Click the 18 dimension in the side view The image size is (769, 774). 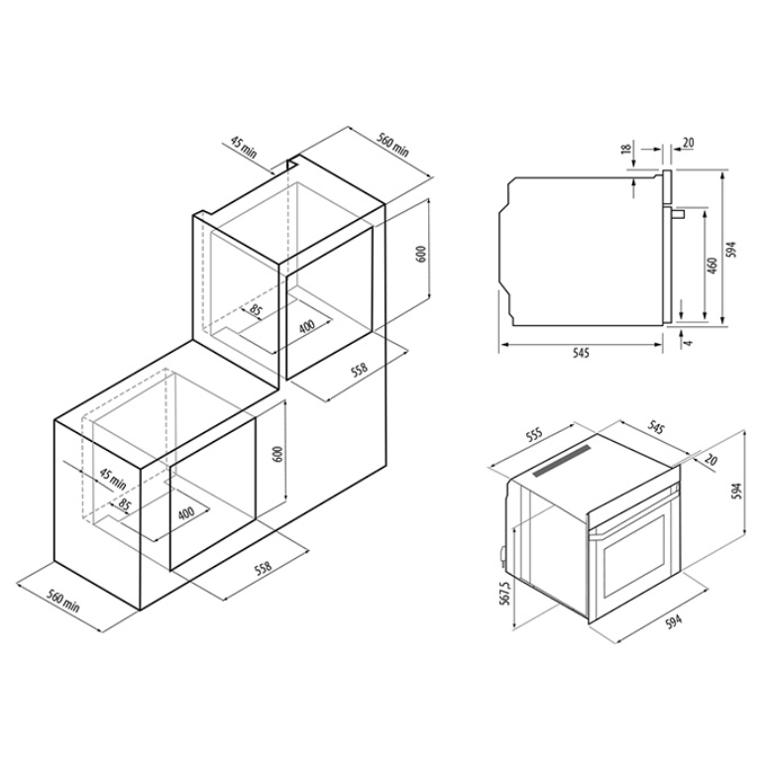click(x=627, y=149)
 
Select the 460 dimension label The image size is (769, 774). click(x=712, y=266)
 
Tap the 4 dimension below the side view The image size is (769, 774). click(x=689, y=341)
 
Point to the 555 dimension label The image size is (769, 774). click(x=534, y=434)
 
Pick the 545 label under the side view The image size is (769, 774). click(x=581, y=353)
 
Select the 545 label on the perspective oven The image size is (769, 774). click(x=654, y=427)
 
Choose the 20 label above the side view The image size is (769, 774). click(x=688, y=143)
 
